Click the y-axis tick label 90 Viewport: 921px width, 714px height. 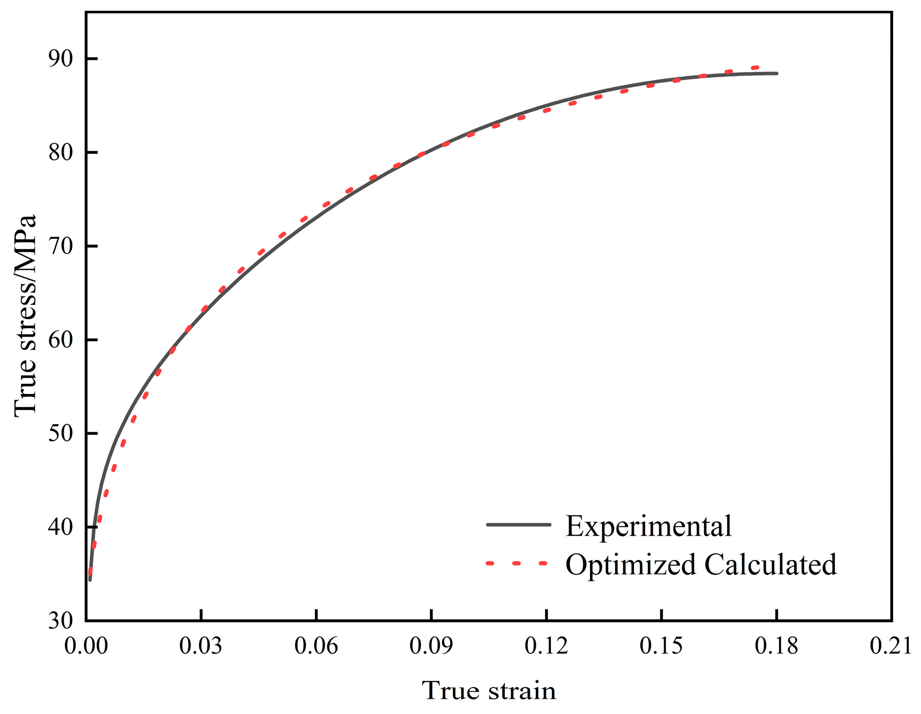coord(60,59)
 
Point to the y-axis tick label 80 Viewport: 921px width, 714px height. coord(60,153)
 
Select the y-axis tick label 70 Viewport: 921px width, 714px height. coord(60,246)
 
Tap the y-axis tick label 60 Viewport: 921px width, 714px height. coord(60,340)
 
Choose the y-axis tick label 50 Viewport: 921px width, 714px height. coord(60,434)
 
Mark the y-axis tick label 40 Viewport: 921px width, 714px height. coord(60,527)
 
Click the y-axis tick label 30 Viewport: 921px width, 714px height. coord(60,621)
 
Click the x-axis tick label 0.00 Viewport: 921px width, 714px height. coord(86,646)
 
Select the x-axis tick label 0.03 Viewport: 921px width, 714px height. coord(201,646)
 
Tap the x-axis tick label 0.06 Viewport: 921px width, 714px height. coord(316,646)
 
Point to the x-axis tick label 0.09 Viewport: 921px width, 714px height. coord(431,646)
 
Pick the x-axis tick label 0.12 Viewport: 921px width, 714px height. coord(546,646)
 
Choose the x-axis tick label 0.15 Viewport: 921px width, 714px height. coord(661,646)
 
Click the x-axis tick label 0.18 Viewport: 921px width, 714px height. coord(776,646)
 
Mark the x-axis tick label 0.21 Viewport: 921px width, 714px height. coord(891,646)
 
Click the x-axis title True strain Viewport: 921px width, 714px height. coord(489,691)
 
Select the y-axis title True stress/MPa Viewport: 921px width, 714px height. coord(25,316)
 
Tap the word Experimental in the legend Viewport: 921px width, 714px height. coord(648,526)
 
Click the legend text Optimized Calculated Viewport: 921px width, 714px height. coord(701,565)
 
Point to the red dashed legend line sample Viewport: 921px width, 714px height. coord(517,564)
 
